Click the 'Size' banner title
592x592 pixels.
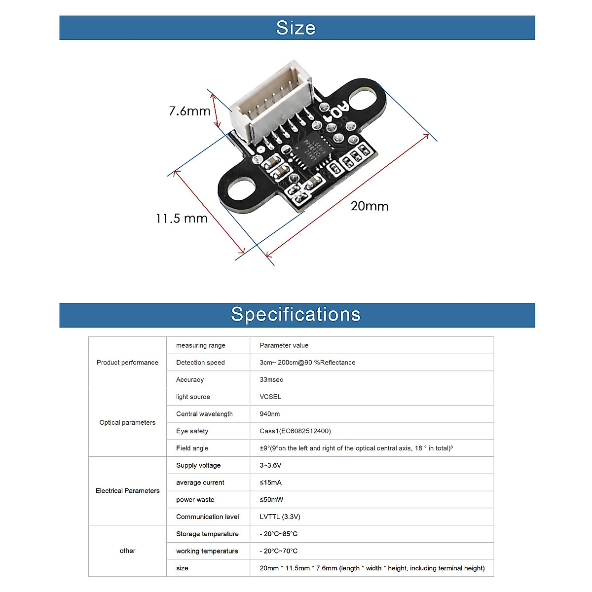(x=296, y=28)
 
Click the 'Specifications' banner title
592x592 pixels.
(x=296, y=315)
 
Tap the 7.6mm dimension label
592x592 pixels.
(x=189, y=111)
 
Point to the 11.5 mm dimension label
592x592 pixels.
(x=182, y=219)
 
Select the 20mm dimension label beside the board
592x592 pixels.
(x=370, y=206)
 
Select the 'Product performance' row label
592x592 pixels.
(x=127, y=363)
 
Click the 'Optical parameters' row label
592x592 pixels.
(x=127, y=422)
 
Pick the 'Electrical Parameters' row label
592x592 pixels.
(x=127, y=491)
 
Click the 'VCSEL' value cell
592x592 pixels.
(x=270, y=397)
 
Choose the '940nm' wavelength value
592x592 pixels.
(x=269, y=414)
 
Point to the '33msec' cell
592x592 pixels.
(x=271, y=380)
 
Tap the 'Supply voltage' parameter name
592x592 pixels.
(x=198, y=465)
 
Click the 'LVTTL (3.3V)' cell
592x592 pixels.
(x=280, y=517)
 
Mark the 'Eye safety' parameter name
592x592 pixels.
(x=192, y=431)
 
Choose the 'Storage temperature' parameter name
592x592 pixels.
(x=207, y=534)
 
